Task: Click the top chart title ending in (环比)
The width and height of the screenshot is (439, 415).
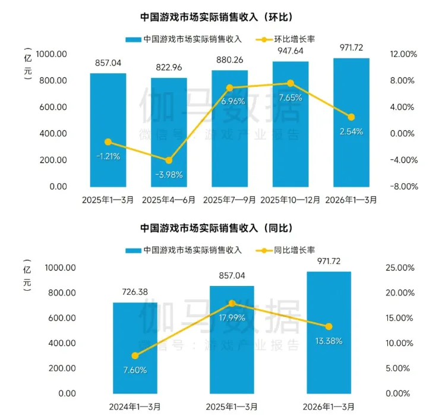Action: click(220, 16)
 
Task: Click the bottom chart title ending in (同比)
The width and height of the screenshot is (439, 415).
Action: click(220, 228)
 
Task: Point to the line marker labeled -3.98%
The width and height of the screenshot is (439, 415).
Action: click(169, 161)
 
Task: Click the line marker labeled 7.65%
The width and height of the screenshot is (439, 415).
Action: click(290, 83)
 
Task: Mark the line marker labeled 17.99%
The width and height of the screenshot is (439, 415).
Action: click(232, 303)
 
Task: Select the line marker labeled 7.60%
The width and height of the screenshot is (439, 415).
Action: click(135, 356)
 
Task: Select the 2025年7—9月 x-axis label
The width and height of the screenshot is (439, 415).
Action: click(229, 200)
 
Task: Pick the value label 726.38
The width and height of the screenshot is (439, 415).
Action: click(135, 292)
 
